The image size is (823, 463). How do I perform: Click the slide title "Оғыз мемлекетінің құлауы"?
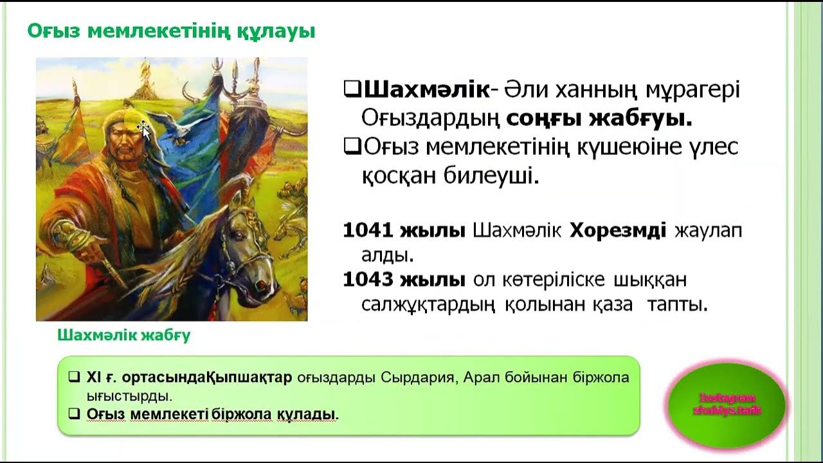[x=170, y=31]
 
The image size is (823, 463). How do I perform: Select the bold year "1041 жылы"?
[x=404, y=230]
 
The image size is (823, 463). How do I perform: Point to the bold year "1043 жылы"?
[x=404, y=280]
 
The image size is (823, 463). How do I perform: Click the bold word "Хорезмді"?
[x=618, y=230]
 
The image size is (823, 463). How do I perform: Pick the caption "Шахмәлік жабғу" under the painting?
[x=124, y=335]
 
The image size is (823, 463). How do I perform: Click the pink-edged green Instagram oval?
[x=727, y=404]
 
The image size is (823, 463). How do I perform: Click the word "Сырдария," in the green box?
[x=420, y=377]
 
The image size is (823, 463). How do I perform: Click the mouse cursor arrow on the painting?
[x=143, y=129]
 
